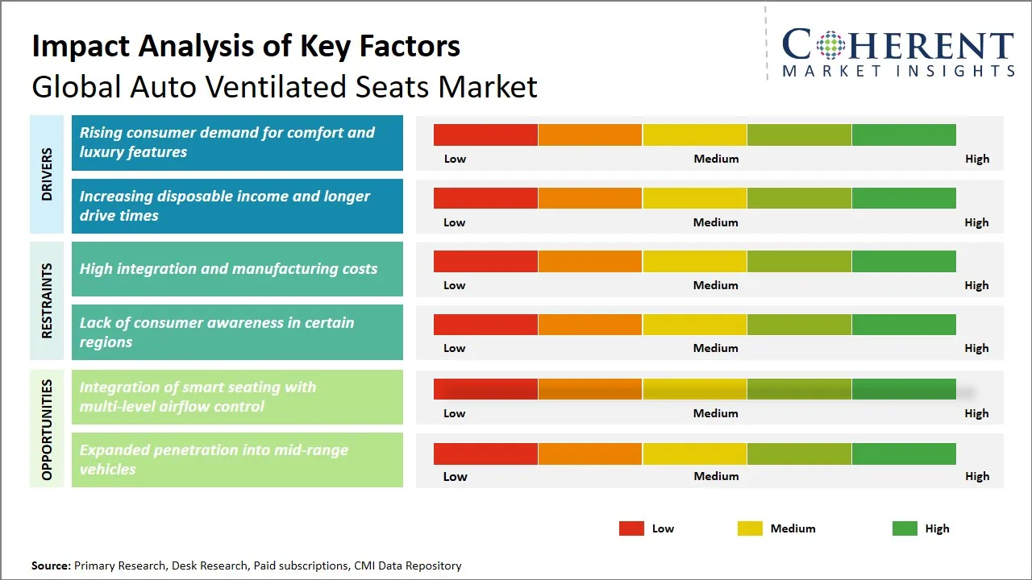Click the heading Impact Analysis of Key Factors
point(246,47)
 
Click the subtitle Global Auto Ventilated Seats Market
point(284,87)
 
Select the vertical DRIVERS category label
point(47,175)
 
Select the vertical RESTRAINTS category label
point(47,300)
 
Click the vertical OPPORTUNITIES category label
point(47,429)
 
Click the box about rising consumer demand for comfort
point(237,143)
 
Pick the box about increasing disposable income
point(237,206)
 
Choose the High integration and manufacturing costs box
point(237,269)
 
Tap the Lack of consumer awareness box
point(237,332)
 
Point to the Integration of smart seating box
point(237,396)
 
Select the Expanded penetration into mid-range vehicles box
point(237,460)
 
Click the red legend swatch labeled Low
point(631,528)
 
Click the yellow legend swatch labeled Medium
point(750,528)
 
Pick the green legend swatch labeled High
point(905,528)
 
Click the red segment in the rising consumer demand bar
point(485,135)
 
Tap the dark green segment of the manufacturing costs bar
point(904,261)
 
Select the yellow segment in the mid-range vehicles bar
point(694,454)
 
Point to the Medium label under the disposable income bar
point(716,222)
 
